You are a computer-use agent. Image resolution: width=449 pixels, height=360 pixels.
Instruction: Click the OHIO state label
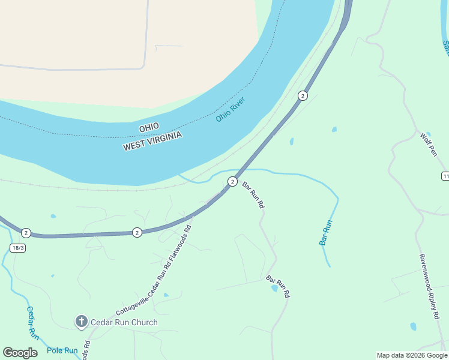pos(149,127)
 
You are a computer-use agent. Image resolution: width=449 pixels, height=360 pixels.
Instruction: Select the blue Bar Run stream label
pos(325,232)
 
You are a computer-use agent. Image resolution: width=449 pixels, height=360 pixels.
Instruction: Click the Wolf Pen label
pos(429,144)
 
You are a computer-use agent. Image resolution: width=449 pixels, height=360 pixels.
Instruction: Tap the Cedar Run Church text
pos(124,322)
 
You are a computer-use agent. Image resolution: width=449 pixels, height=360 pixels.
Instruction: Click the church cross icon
pos(81,322)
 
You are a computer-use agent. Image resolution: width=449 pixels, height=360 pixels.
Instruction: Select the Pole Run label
pos(62,350)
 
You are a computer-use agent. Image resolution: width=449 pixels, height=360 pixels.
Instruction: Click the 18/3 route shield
pos(18,248)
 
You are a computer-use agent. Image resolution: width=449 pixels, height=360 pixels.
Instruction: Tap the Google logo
pos(20,353)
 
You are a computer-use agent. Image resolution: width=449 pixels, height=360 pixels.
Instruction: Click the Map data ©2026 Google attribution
pos(411,355)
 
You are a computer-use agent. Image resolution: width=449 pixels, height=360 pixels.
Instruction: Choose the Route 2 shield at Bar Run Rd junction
pos(232,181)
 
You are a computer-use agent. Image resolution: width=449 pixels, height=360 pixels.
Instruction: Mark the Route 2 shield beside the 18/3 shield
pos(26,233)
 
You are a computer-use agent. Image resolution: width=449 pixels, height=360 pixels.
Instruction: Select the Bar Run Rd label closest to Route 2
pos(253,194)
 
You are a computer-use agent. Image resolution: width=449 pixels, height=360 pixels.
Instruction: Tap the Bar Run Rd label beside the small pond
pos(279,287)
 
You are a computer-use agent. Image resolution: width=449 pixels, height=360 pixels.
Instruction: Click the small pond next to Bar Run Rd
pos(274,288)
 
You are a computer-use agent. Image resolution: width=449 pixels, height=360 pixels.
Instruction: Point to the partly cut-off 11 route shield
pos(445,176)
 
